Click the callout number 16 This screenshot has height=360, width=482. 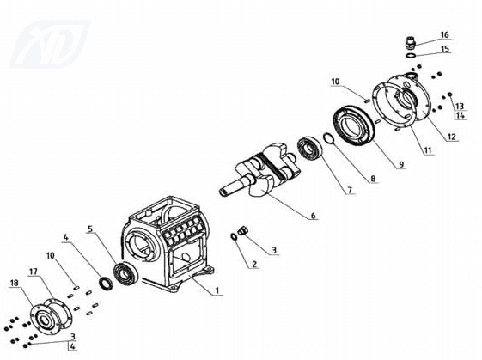pyautogui.click(x=444, y=35)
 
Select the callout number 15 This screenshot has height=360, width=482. pyautogui.click(x=445, y=49)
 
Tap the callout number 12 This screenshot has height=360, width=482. pyautogui.click(x=452, y=137)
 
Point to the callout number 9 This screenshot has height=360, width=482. pyautogui.click(x=401, y=165)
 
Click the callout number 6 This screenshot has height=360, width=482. pyautogui.click(x=313, y=216)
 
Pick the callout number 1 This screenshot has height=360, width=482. pyautogui.click(x=217, y=290)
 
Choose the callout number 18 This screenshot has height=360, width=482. pyautogui.click(x=14, y=283)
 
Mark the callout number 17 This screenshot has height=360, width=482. pyautogui.click(x=34, y=272)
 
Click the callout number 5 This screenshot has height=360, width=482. pyautogui.click(x=90, y=229)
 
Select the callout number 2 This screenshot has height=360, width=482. pyautogui.click(x=254, y=264)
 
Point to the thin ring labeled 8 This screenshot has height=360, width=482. pyautogui.click(x=328, y=138)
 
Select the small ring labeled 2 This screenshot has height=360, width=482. pyautogui.click(x=234, y=236)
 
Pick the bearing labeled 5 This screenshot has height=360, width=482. pyautogui.click(x=125, y=273)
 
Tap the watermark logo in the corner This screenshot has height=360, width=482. pyautogui.click(x=50, y=45)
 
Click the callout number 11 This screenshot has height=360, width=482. pyautogui.click(x=428, y=150)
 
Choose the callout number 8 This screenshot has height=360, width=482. pyautogui.click(x=373, y=179)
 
